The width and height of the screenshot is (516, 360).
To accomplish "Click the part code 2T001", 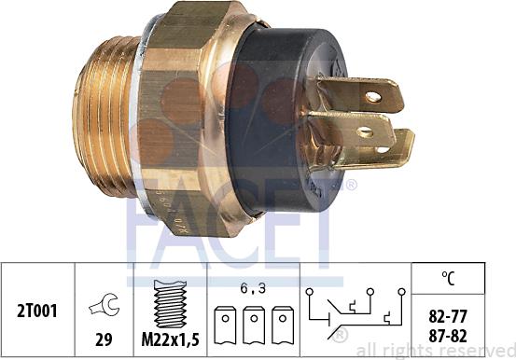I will click(39, 310).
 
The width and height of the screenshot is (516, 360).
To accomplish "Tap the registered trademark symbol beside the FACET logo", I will click(351, 184).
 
